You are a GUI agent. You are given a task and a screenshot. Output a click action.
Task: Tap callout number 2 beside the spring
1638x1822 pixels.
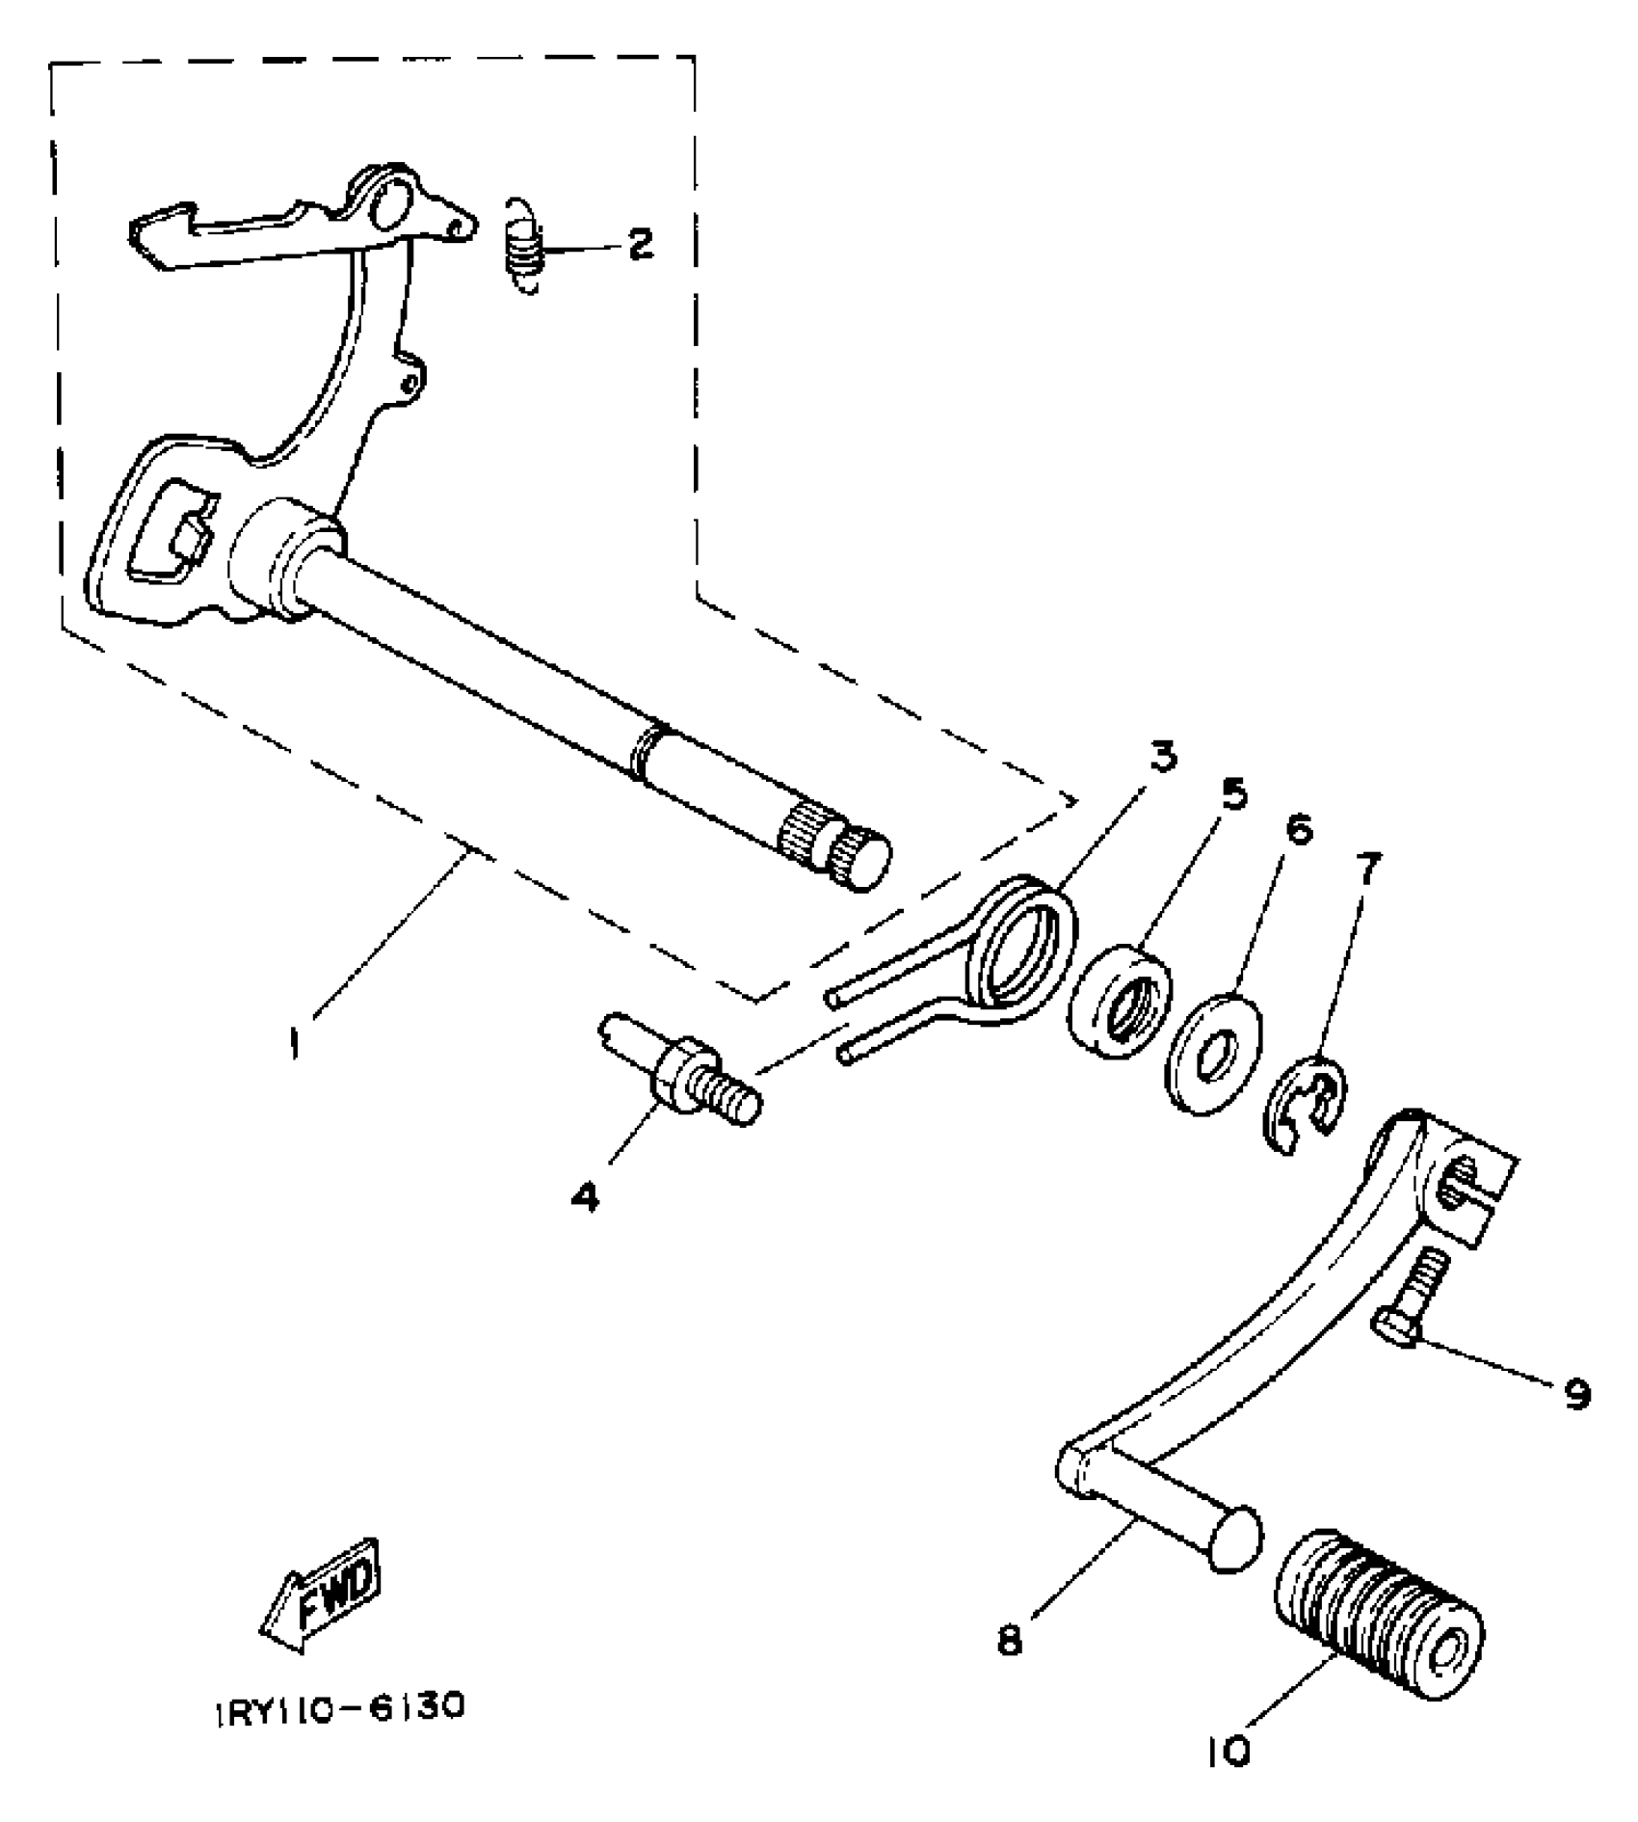coord(640,244)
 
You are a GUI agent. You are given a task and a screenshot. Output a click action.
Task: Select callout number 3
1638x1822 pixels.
coord(1164,758)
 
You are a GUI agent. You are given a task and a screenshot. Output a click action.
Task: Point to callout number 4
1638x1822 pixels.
coord(585,1197)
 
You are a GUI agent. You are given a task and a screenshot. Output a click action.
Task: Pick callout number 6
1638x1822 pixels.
coord(1299,829)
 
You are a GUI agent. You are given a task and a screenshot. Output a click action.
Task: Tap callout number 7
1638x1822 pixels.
coord(1367,870)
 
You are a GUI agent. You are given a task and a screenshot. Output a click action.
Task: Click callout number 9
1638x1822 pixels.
coord(1576,1393)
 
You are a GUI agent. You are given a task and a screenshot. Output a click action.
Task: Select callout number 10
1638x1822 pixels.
coord(1228,1750)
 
